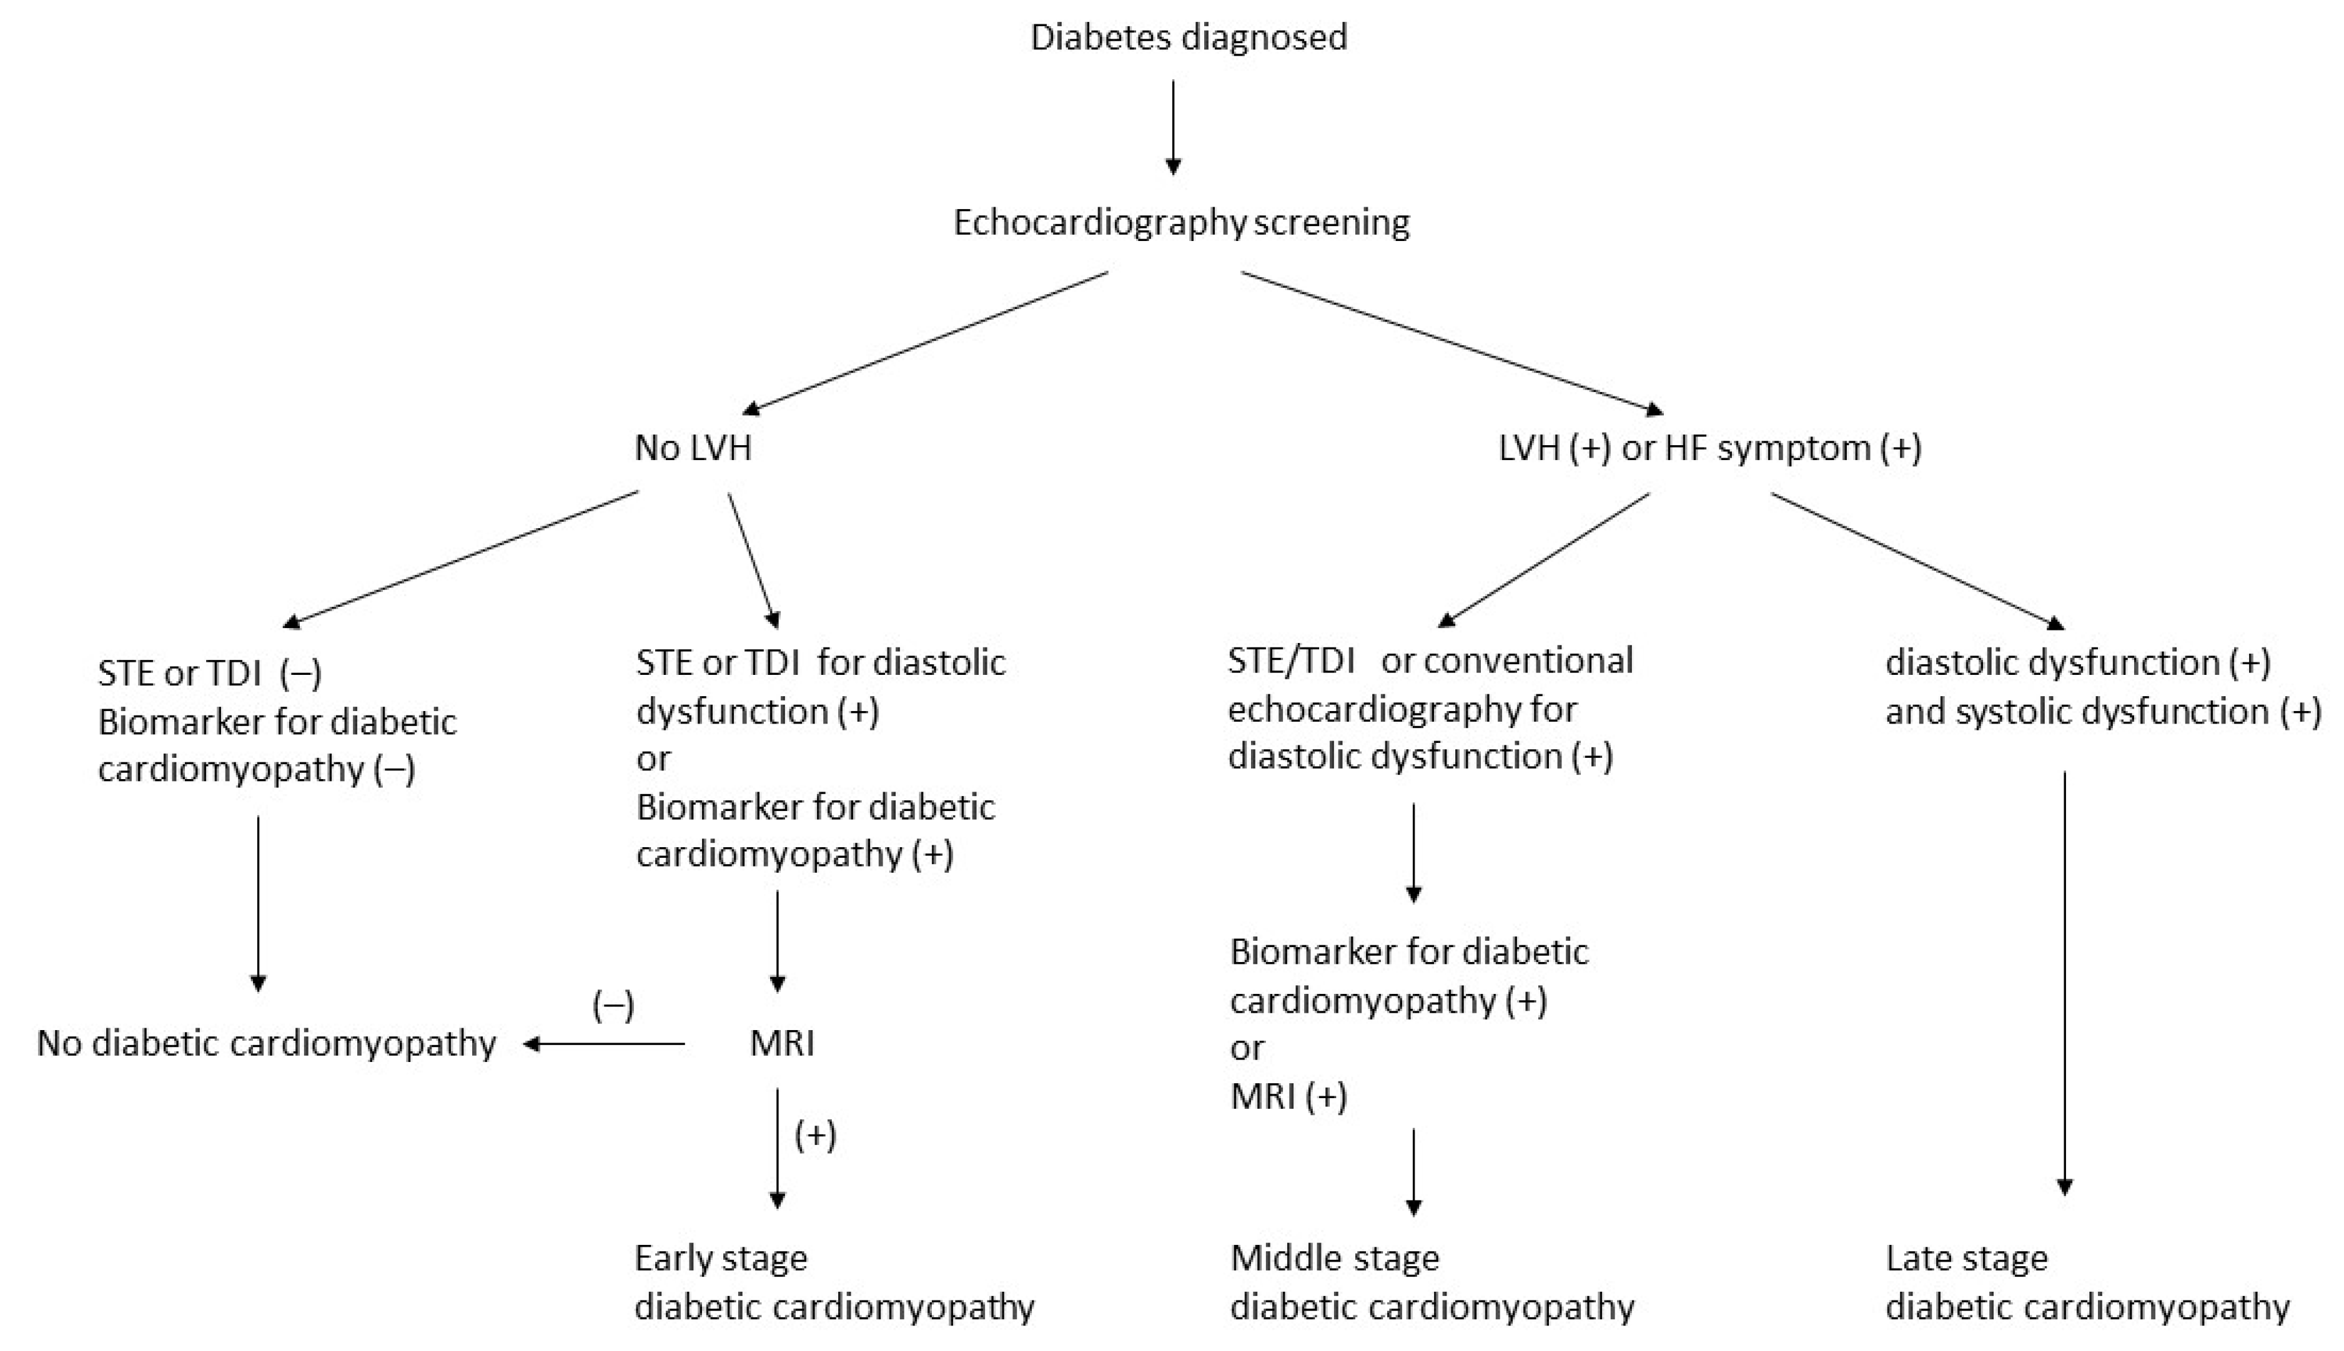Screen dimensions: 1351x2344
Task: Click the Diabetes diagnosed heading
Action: [1189, 37]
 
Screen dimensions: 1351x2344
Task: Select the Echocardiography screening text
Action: [1181, 223]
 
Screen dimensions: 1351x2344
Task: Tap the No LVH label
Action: [693, 448]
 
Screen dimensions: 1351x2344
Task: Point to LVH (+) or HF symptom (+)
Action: [1709, 448]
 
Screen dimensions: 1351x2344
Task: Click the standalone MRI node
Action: [781, 1044]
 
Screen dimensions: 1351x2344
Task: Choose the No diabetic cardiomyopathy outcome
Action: [267, 1044]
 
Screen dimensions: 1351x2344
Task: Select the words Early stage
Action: [720, 1258]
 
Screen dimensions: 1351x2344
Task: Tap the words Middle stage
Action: [1334, 1258]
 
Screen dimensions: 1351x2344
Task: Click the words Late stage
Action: [1966, 1258]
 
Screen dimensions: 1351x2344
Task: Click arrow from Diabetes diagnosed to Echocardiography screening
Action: [1174, 127]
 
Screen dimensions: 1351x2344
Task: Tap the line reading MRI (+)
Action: [1288, 1097]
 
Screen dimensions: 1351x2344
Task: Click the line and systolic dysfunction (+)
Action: [2103, 712]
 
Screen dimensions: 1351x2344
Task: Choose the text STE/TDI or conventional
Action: [1430, 661]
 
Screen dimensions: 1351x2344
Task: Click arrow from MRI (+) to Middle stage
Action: [1413, 1171]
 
